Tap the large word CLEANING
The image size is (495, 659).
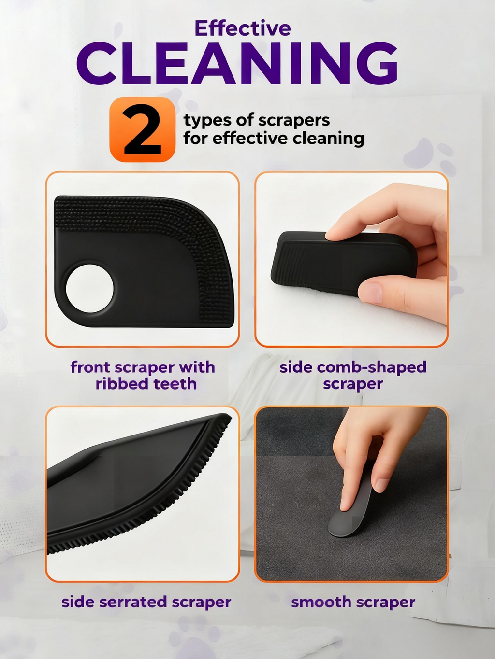tap(237, 63)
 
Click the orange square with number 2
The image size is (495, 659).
tap(143, 129)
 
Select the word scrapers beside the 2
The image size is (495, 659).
tap(294, 121)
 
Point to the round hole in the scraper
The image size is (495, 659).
tap(89, 288)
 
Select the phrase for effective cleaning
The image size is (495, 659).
tap(274, 139)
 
